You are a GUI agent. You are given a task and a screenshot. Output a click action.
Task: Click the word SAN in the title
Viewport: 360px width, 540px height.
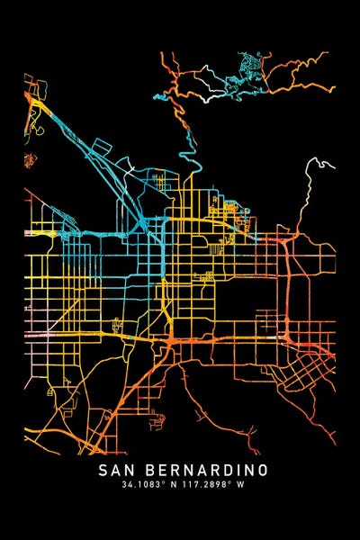point(116,470)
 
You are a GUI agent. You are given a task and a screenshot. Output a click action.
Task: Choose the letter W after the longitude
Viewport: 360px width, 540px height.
point(240,485)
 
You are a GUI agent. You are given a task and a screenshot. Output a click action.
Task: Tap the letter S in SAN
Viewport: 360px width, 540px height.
point(102,470)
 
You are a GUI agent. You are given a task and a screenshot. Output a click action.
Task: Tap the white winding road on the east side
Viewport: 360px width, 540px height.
point(310,193)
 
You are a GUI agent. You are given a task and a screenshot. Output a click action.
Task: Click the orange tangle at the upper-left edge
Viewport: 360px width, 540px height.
point(36,108)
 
